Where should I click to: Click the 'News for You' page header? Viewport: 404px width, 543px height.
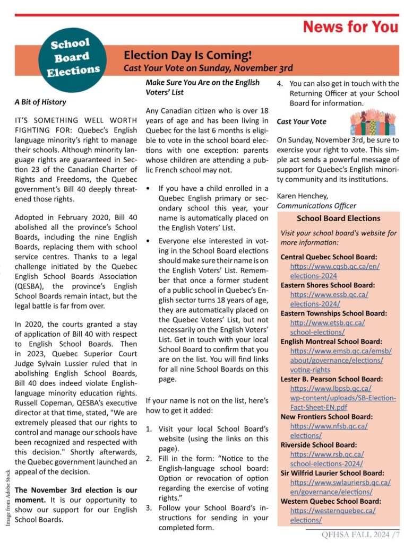click(350, 27)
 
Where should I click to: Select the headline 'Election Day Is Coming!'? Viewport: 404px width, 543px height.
click(187, 55)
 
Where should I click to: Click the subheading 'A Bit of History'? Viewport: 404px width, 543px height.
click(40, 101)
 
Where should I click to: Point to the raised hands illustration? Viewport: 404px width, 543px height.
click(374, 122)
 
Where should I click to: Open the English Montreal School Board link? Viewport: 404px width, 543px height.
click(340, 360)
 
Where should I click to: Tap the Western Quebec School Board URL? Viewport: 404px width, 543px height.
click(333, 515)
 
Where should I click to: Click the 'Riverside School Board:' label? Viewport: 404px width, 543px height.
click(319, 445)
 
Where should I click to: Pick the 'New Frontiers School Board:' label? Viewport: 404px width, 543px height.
click(326, 417)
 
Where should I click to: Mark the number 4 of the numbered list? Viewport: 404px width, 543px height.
click(280, 84)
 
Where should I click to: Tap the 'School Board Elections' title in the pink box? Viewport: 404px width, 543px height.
click(338, 218)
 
